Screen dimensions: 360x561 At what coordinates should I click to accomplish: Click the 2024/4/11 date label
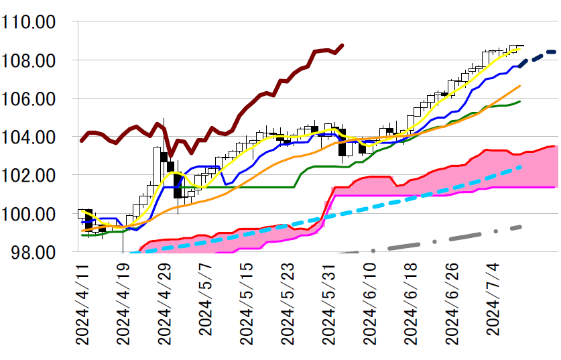(x=83, y=304)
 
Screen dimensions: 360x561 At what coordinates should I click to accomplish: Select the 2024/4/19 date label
(x=124, y=304)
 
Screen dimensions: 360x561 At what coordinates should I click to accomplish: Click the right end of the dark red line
(x=342, y=46)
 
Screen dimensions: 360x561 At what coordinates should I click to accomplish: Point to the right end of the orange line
(x=520, y=86)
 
